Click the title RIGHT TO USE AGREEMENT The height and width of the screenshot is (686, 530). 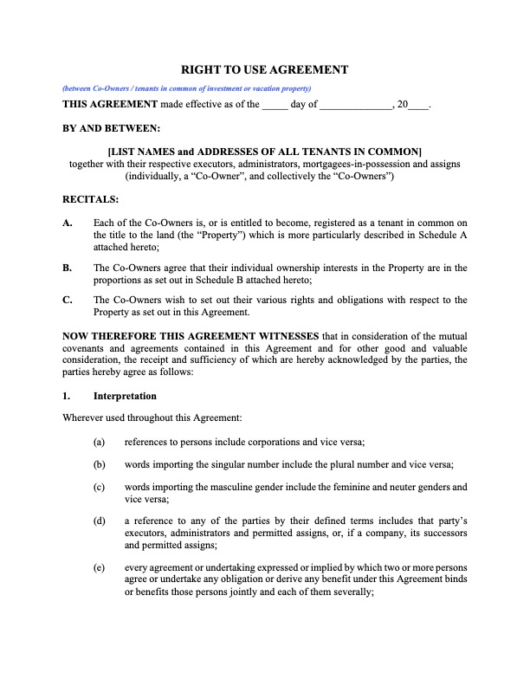tap(264, 69)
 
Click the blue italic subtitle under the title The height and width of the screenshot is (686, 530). tap(186, 88)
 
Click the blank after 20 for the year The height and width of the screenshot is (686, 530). tap(417, 105)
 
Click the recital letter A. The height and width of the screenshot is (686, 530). tap(68, 223)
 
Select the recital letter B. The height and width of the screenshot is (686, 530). tap(68, 268)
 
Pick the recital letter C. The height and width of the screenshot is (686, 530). tap(68, 301)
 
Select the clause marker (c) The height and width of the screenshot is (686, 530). tap(100, 488)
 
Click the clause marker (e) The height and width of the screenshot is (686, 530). tap(100, 567)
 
